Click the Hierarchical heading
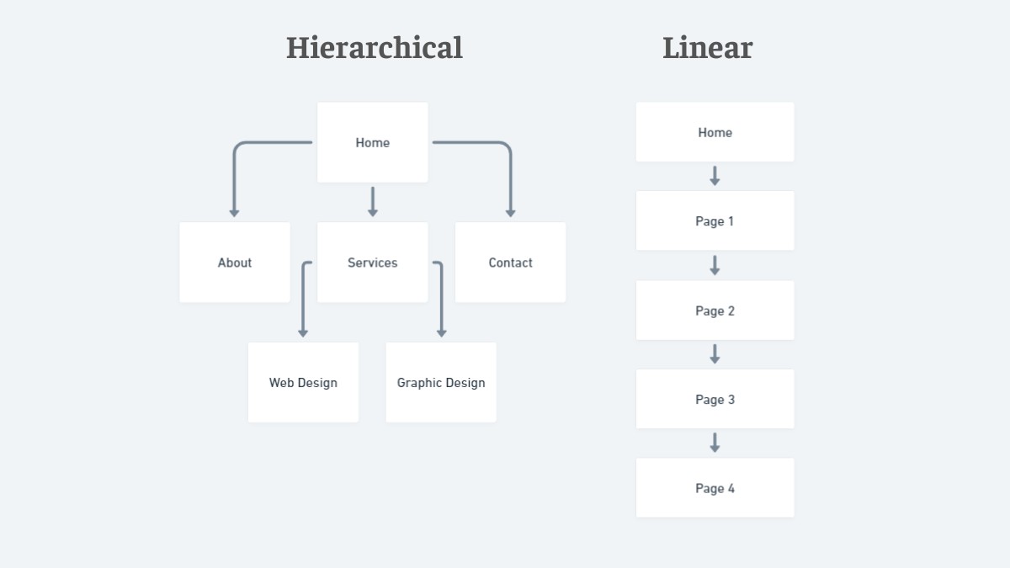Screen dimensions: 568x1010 pos(375,48)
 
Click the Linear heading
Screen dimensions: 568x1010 pos(707,48)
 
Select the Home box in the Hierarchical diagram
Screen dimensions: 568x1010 pos(373,142)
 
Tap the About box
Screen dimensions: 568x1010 pos(235,263)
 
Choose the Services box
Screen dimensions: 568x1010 pos(373,263)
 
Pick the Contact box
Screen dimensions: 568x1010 pos(510,263)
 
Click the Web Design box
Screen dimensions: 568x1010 pos(303,382)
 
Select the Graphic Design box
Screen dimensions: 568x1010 pos(441,382)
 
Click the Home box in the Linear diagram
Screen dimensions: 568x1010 pos(715,132)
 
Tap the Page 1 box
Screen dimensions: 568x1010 pos(715,221)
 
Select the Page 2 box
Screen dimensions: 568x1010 pos(715,311)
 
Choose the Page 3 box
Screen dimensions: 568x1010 pos(715,399)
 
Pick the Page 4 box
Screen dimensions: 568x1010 pos(715,488)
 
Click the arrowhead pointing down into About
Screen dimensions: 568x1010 pos(235,213)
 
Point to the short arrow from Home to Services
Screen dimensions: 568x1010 pos(373,202)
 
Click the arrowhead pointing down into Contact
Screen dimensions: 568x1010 pos(510,213)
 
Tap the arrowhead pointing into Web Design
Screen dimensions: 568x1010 pos(303,333)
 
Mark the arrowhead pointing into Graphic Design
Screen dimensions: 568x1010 pos(441,333)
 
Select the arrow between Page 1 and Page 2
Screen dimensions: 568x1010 pos(715,265)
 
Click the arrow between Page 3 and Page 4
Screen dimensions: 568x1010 pos(715,443)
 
